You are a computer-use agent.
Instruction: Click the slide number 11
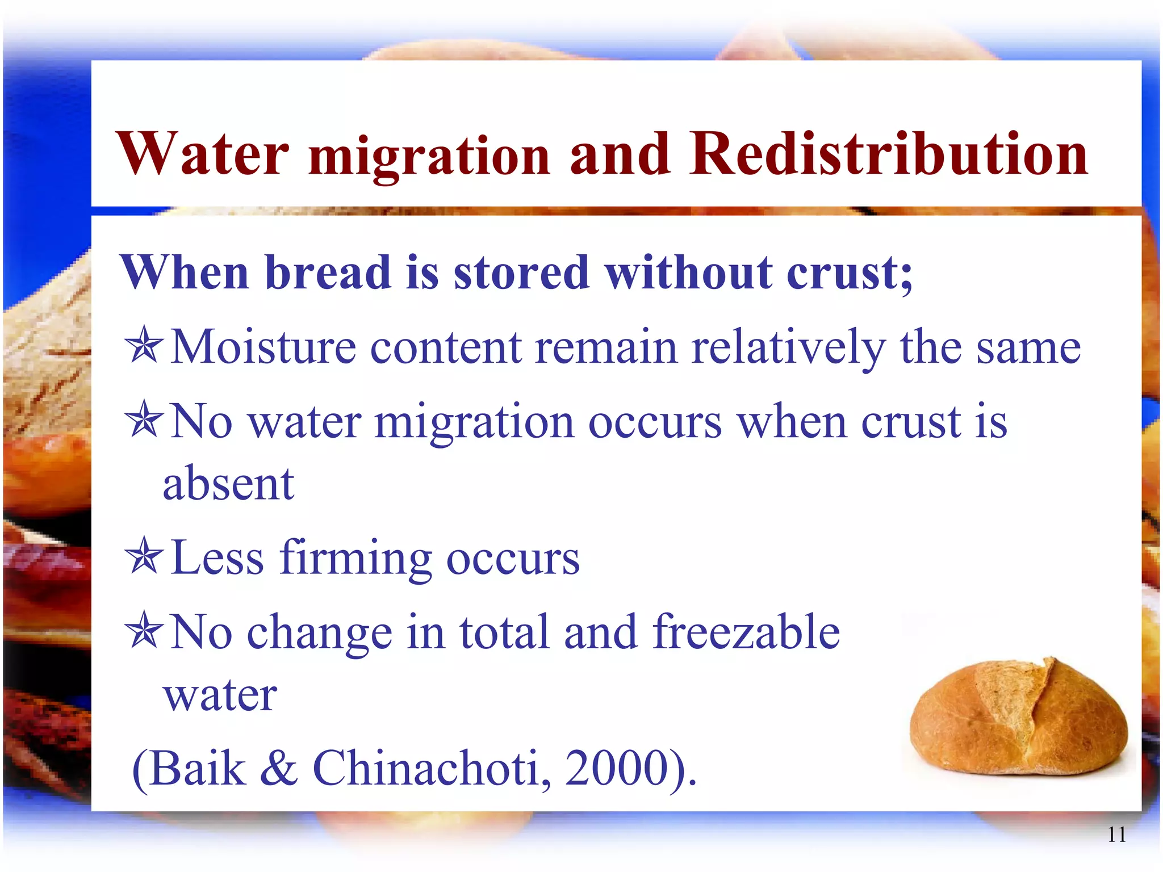coord(1116,835)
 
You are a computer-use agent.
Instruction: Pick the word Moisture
coord(263,346)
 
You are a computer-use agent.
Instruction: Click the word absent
coord(228,484)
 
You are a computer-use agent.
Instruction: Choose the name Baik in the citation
coord(198,768)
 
